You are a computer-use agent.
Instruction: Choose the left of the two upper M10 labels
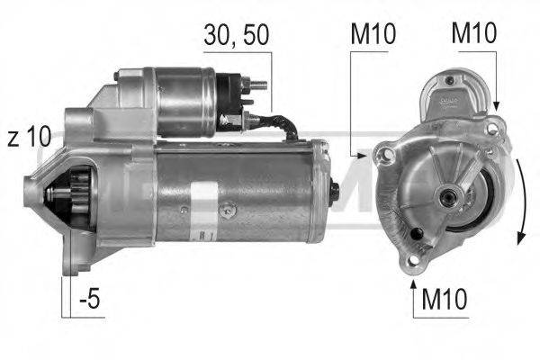[x=372, y=37]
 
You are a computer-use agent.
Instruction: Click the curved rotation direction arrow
[x=519, y=198]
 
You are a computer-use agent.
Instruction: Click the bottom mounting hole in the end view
[x=415, y=260]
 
